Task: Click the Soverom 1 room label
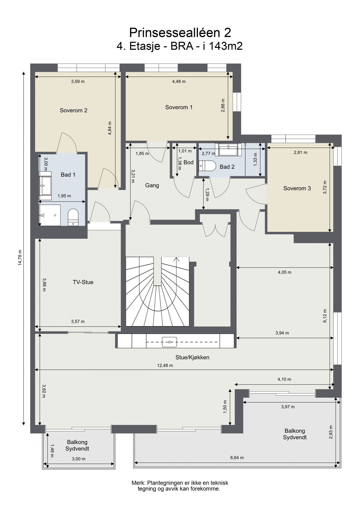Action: [179, 107]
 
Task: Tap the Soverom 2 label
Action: [74, 111]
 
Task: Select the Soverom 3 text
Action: [297, 188]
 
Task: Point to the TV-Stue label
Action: [83, 282]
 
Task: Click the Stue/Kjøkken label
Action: [192, 357]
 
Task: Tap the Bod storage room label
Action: [188, 162]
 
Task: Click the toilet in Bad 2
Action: [207, 166]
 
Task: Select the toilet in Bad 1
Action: [73, 217]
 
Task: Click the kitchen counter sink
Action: [169, 342]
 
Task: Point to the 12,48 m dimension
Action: [165, 365]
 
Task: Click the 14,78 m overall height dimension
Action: [20, 258]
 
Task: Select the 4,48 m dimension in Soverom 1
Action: [179, 82]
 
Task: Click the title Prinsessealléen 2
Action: [180, 33]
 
